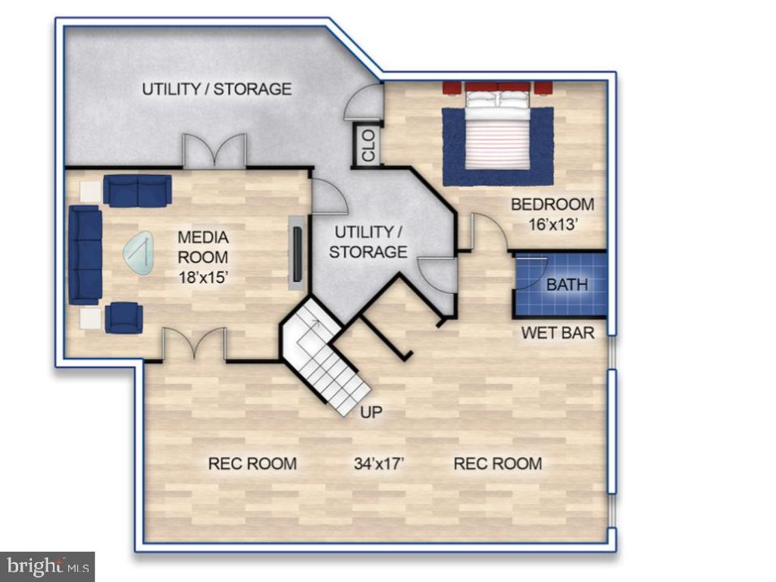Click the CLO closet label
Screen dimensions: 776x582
click(369, 145)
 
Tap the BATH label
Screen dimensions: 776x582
click(567, 285)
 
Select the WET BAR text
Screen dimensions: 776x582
click(558, 333)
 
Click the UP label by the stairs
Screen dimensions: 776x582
click(371, 412)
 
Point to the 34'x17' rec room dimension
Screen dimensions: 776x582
click(379, 463)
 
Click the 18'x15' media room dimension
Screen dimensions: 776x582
click(203, 277)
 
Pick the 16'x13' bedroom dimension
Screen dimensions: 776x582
click(552, 224)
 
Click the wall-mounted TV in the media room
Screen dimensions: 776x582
click(297, 254)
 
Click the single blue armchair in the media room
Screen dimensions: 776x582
click(124, 318)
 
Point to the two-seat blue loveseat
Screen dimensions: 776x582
click(138, 190)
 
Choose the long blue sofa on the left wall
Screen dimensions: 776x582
click(85, 255)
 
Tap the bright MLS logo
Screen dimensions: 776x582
click(48, 565)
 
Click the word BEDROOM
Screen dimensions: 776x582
click(552, 205)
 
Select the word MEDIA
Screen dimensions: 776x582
click(203, 237)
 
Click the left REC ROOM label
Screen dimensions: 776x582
click(252, 463)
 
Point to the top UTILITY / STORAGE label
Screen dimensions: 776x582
click(217, 89)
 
